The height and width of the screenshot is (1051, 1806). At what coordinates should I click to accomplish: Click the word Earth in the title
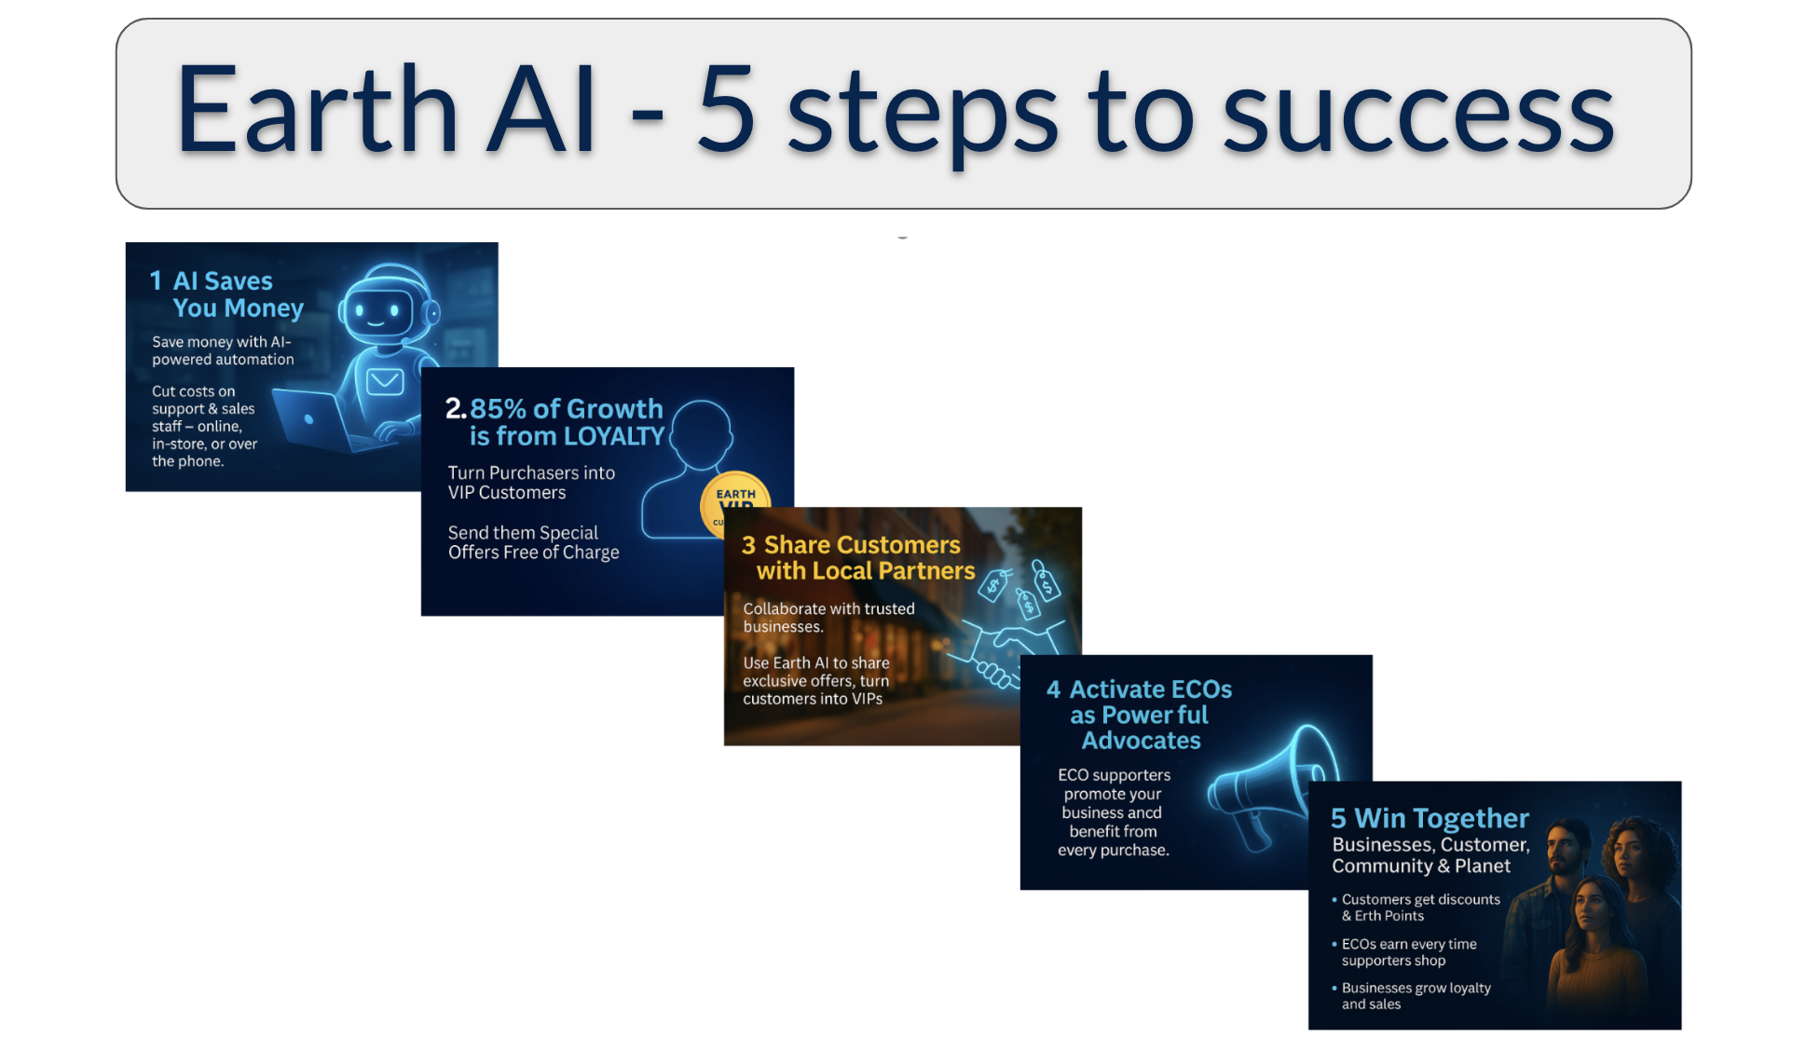point(316,108)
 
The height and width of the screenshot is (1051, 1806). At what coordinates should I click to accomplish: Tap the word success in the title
point(1418,117)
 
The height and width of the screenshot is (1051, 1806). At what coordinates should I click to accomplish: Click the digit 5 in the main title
point(726,109)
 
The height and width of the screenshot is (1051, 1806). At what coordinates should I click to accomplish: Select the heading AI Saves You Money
point(226,294)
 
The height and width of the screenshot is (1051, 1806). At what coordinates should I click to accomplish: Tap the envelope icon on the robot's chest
point(384,381)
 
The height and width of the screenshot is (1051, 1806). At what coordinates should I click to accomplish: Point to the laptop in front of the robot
point(317,421)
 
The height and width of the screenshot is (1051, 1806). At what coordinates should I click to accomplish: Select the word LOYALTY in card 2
point(614,436)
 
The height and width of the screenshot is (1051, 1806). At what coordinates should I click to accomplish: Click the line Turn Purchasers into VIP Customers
point(531,483)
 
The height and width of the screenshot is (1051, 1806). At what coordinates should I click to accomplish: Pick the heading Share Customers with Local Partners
point(858,558)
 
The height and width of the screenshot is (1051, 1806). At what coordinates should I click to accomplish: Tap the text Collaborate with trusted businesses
point(828,618)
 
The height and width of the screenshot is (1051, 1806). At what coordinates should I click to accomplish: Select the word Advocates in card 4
point(1141,741)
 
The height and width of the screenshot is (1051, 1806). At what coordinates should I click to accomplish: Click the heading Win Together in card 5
point(1430,818)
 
